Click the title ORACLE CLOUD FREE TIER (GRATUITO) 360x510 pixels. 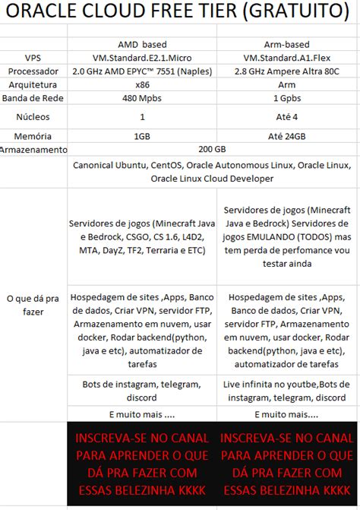tap(180, 12)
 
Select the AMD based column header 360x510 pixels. tap(142, 44)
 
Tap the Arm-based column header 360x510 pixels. tap(286, 44)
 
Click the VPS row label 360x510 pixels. tap(33, 58)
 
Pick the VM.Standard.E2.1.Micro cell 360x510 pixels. tap(142, 58)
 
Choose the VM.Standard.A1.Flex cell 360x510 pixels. tap(286, 58)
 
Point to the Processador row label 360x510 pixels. tap(33, 71)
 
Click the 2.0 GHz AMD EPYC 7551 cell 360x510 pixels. tap(142, 71)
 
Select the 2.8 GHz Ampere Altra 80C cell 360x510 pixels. tap(286, 71)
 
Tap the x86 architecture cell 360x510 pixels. tap(142, 85)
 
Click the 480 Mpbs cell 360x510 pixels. tap(142, 99)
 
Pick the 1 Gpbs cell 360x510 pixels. tap(286, 99)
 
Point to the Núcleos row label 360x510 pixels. tap(33, 117)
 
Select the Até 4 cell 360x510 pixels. tap(286, 117)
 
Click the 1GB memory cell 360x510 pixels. tap(142, 136)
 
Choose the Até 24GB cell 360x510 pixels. tap(286, 136)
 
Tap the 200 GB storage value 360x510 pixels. tap(212, 149)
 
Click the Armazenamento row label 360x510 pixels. tap(33, 150)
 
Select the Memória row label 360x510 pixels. tap(33, 136)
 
